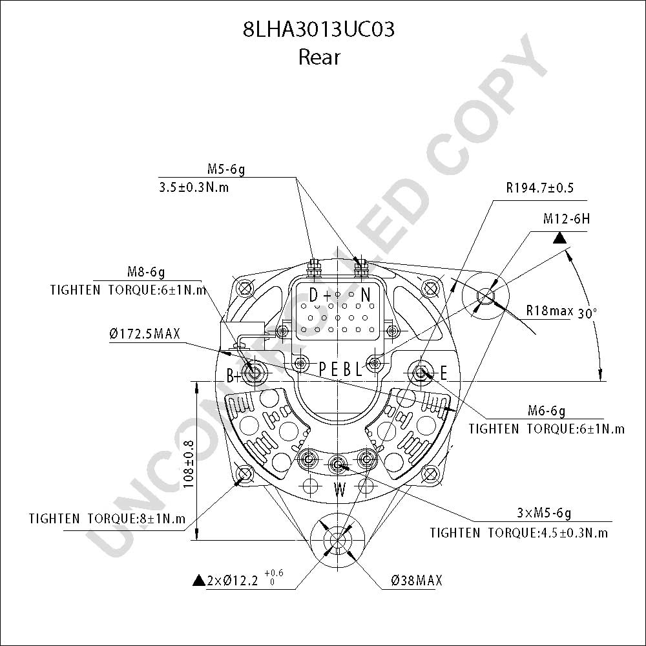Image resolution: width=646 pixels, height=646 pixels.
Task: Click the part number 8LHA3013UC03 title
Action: point(318,30)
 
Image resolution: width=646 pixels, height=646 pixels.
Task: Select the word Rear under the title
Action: point(319,57)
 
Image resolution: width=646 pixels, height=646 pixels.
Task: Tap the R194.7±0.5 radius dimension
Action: point(539,188)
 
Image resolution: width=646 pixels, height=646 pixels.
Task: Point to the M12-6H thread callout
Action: point(567,219)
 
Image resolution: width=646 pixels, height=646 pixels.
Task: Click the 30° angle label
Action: point(587,313)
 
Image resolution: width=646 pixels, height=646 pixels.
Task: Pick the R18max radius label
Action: point(550,310)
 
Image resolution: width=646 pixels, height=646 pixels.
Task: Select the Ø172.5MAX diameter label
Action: point(145,333)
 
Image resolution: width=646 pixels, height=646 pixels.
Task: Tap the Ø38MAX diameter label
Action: point(417,581)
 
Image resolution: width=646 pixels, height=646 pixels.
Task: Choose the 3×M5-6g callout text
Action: point(544,514)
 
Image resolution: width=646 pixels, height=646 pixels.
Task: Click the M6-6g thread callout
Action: point(547,411)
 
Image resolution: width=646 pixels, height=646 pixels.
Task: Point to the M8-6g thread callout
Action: point(146,272)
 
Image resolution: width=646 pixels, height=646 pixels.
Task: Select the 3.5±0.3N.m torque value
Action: point(194,187)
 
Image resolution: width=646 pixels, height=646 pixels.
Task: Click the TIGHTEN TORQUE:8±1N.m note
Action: point(107,519)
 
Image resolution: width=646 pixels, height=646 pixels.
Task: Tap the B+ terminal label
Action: point(234,376)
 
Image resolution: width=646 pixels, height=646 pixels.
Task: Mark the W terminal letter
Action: point(340,490)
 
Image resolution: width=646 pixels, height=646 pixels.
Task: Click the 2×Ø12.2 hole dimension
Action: point(233,581)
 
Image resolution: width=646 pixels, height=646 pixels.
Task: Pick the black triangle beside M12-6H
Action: point(559,238)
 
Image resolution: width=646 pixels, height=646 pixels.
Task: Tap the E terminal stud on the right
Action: point(421,373)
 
